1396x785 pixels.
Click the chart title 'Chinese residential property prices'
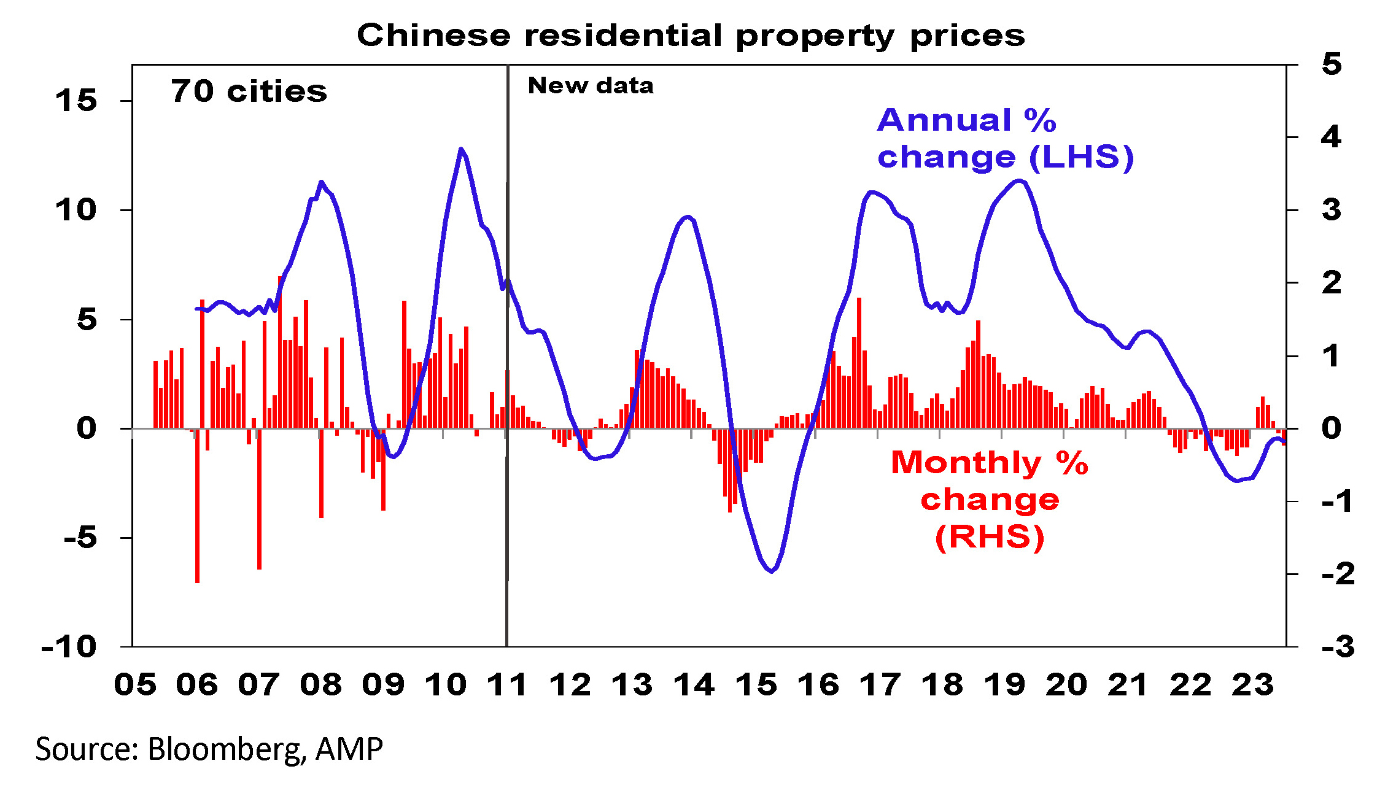pyautogui.click(x=691, y=36)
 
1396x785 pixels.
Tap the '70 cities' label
pyautogui.click(x=249, y=91)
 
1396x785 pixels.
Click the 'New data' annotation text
pyautogui.click(x=591, y=85)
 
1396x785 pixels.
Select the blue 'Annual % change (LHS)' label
pyautogui.click(x=1005, y=138)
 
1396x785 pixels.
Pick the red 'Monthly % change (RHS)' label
pyautogui.click(x=990, y=499)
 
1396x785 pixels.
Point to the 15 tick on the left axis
pyautogui.click(x=76, y=101)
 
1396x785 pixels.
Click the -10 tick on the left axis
pyautogui.click(x=69, y=646)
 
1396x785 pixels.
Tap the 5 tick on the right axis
pyautogui.click(x=1332, y=64)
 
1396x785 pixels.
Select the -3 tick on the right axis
pyautogui.click(x=1338, y=646)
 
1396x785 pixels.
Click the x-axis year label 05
pyautogui.click(x=135, y=684)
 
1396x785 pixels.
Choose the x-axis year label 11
pyautogui.click(x=508, y=684)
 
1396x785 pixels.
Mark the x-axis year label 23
pyautogui.click(x=1252, y=684)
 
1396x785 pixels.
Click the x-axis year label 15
pyautogui.click(x=756, y=684)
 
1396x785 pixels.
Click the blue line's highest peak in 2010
pyautogui.click(x=460, y=149)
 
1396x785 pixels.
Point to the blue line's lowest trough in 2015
pyautogui.click(x=772, y=571)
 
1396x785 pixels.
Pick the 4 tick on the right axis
pyautogui.click(x=1332, y=137)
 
